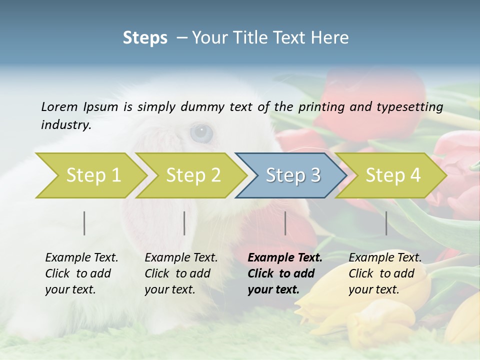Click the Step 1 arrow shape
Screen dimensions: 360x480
pos(90,175)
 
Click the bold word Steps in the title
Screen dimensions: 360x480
pos(145,37)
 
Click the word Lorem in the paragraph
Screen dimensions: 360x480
pos(59,106)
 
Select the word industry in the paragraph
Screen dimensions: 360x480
pos(65,125)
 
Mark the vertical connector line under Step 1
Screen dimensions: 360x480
pos(84,223)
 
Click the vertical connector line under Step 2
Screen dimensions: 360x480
pos(184,223)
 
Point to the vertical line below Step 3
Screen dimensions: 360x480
pos(285,223)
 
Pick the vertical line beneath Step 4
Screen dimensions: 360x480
pos(386,223)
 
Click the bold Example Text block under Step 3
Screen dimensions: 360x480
pos(284,273)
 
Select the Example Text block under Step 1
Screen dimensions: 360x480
pos(81,273)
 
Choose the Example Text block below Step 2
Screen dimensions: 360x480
pos(181,273)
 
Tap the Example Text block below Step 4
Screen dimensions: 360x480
pos(385,273)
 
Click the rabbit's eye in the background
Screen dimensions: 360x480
pos(201,132)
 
